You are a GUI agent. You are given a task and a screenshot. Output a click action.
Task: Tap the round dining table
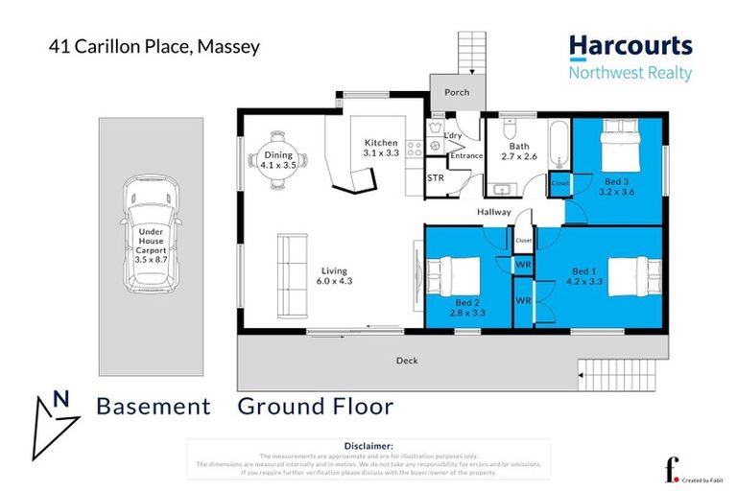click(278, 161)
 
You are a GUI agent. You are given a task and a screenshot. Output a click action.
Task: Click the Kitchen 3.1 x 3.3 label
click(379, 147)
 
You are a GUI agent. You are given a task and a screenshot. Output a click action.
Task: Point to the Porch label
click(456, 93)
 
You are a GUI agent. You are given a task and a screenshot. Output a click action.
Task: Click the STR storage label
click(436, 177)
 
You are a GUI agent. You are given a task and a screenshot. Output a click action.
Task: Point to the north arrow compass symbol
click(54, 407)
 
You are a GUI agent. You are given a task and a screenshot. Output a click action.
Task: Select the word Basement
click(154, 407)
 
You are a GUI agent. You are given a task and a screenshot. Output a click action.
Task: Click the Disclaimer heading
click(368, 446)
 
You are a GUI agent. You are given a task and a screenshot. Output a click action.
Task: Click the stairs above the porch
click(470, 52)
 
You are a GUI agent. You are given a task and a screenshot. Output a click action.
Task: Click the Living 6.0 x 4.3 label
click(335, 276)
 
